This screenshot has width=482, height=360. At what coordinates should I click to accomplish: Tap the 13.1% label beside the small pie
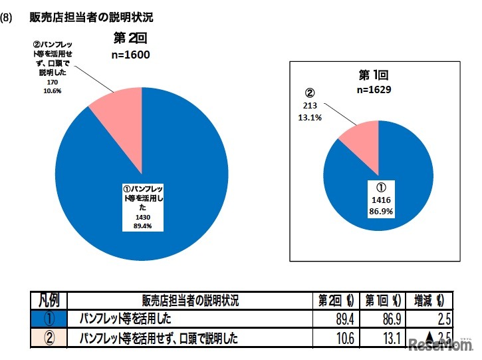(314, 118)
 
